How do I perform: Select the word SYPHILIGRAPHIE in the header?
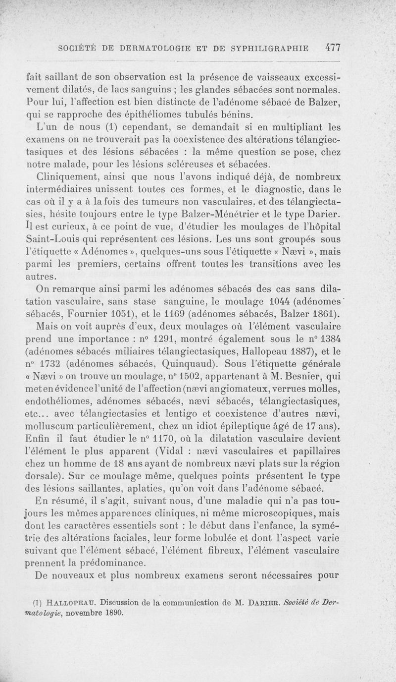[x=268, y=49]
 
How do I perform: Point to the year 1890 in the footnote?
[x=113, y=612]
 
